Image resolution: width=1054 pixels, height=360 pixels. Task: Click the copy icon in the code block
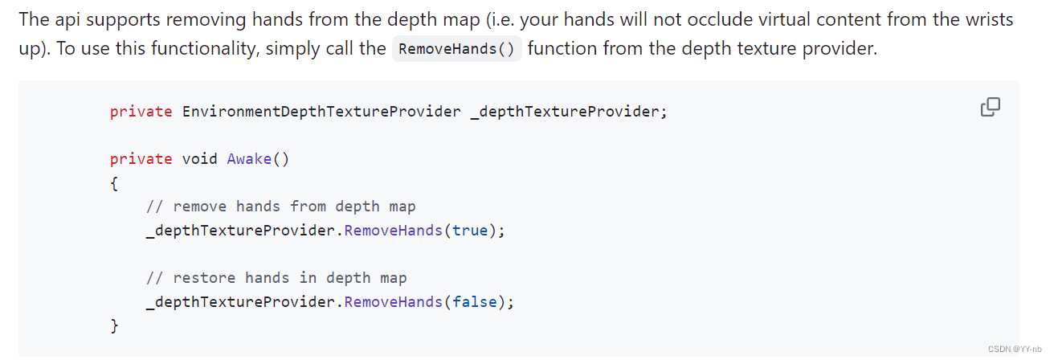(x=991, y=107)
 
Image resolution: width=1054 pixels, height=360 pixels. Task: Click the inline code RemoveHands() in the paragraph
(x=456, y=49)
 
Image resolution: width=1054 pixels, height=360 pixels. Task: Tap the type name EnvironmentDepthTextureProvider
(x=321, y=112)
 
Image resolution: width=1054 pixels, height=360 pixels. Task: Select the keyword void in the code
(x=200, y=158)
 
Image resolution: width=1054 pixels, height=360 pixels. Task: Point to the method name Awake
(x=250, y=158)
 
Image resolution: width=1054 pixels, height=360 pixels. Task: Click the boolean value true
(x=470, y=231)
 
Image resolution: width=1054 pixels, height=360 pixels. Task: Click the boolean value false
(x=474, y=302)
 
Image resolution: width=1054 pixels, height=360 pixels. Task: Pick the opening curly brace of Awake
(x=114, y=183)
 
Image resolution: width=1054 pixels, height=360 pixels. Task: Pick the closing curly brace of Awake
(x=114, y=326)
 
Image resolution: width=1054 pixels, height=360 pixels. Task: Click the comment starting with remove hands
(x=281, y=207)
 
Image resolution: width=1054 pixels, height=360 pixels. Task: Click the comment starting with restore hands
(x=276, y=278)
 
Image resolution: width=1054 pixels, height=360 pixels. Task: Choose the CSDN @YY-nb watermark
(x=1015, y=349)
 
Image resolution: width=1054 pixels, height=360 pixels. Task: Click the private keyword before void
(x=141, y=158)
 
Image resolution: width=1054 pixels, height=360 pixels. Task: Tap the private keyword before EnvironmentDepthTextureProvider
(x=141, y=112)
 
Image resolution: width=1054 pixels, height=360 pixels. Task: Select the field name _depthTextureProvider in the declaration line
(x=568, y=112)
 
